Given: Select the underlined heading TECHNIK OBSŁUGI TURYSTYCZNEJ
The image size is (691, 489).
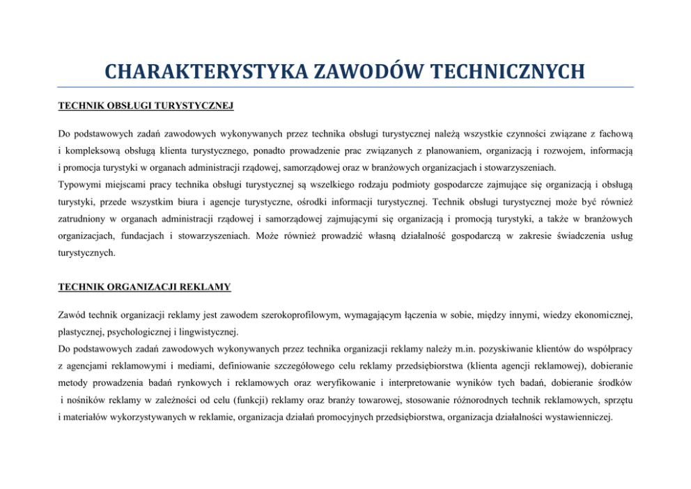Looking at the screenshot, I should (145, 106).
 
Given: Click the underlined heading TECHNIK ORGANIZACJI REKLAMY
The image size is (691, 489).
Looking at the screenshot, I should (144, 286).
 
